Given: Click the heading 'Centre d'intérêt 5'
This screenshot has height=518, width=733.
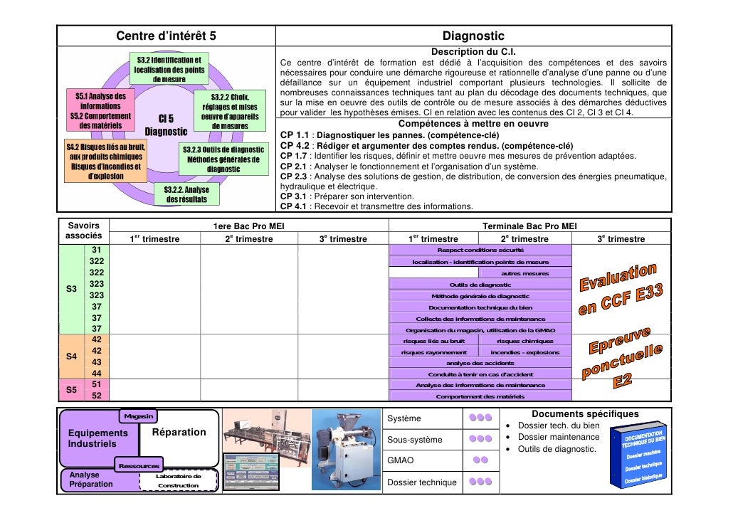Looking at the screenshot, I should click(x=166, y=36).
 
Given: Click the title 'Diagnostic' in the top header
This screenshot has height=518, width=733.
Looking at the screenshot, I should click(x=473, y=36).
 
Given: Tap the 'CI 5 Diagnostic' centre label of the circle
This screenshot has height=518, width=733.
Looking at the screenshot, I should click(x=166, y=125).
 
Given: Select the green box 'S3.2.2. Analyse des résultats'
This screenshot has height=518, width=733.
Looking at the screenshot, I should click(x=186, y=194).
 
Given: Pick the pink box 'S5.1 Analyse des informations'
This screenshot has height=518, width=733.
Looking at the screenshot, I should click(x=100, y=110).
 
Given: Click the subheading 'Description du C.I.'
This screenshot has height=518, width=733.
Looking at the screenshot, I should click(x=473, y=52).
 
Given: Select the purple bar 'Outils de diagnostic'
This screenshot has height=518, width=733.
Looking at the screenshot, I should click(x=480, y=285).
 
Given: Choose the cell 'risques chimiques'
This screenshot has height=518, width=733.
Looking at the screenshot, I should click(x=525, y=341).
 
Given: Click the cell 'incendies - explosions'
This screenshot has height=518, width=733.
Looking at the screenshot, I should click(x=525, y=352).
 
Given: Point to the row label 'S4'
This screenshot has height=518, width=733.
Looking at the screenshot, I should click(x=71, y=357).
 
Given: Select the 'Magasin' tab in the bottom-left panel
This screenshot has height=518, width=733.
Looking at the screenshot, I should click(x=139, y=415).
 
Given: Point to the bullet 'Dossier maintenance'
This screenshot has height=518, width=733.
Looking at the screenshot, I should click(x=558, y=437).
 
